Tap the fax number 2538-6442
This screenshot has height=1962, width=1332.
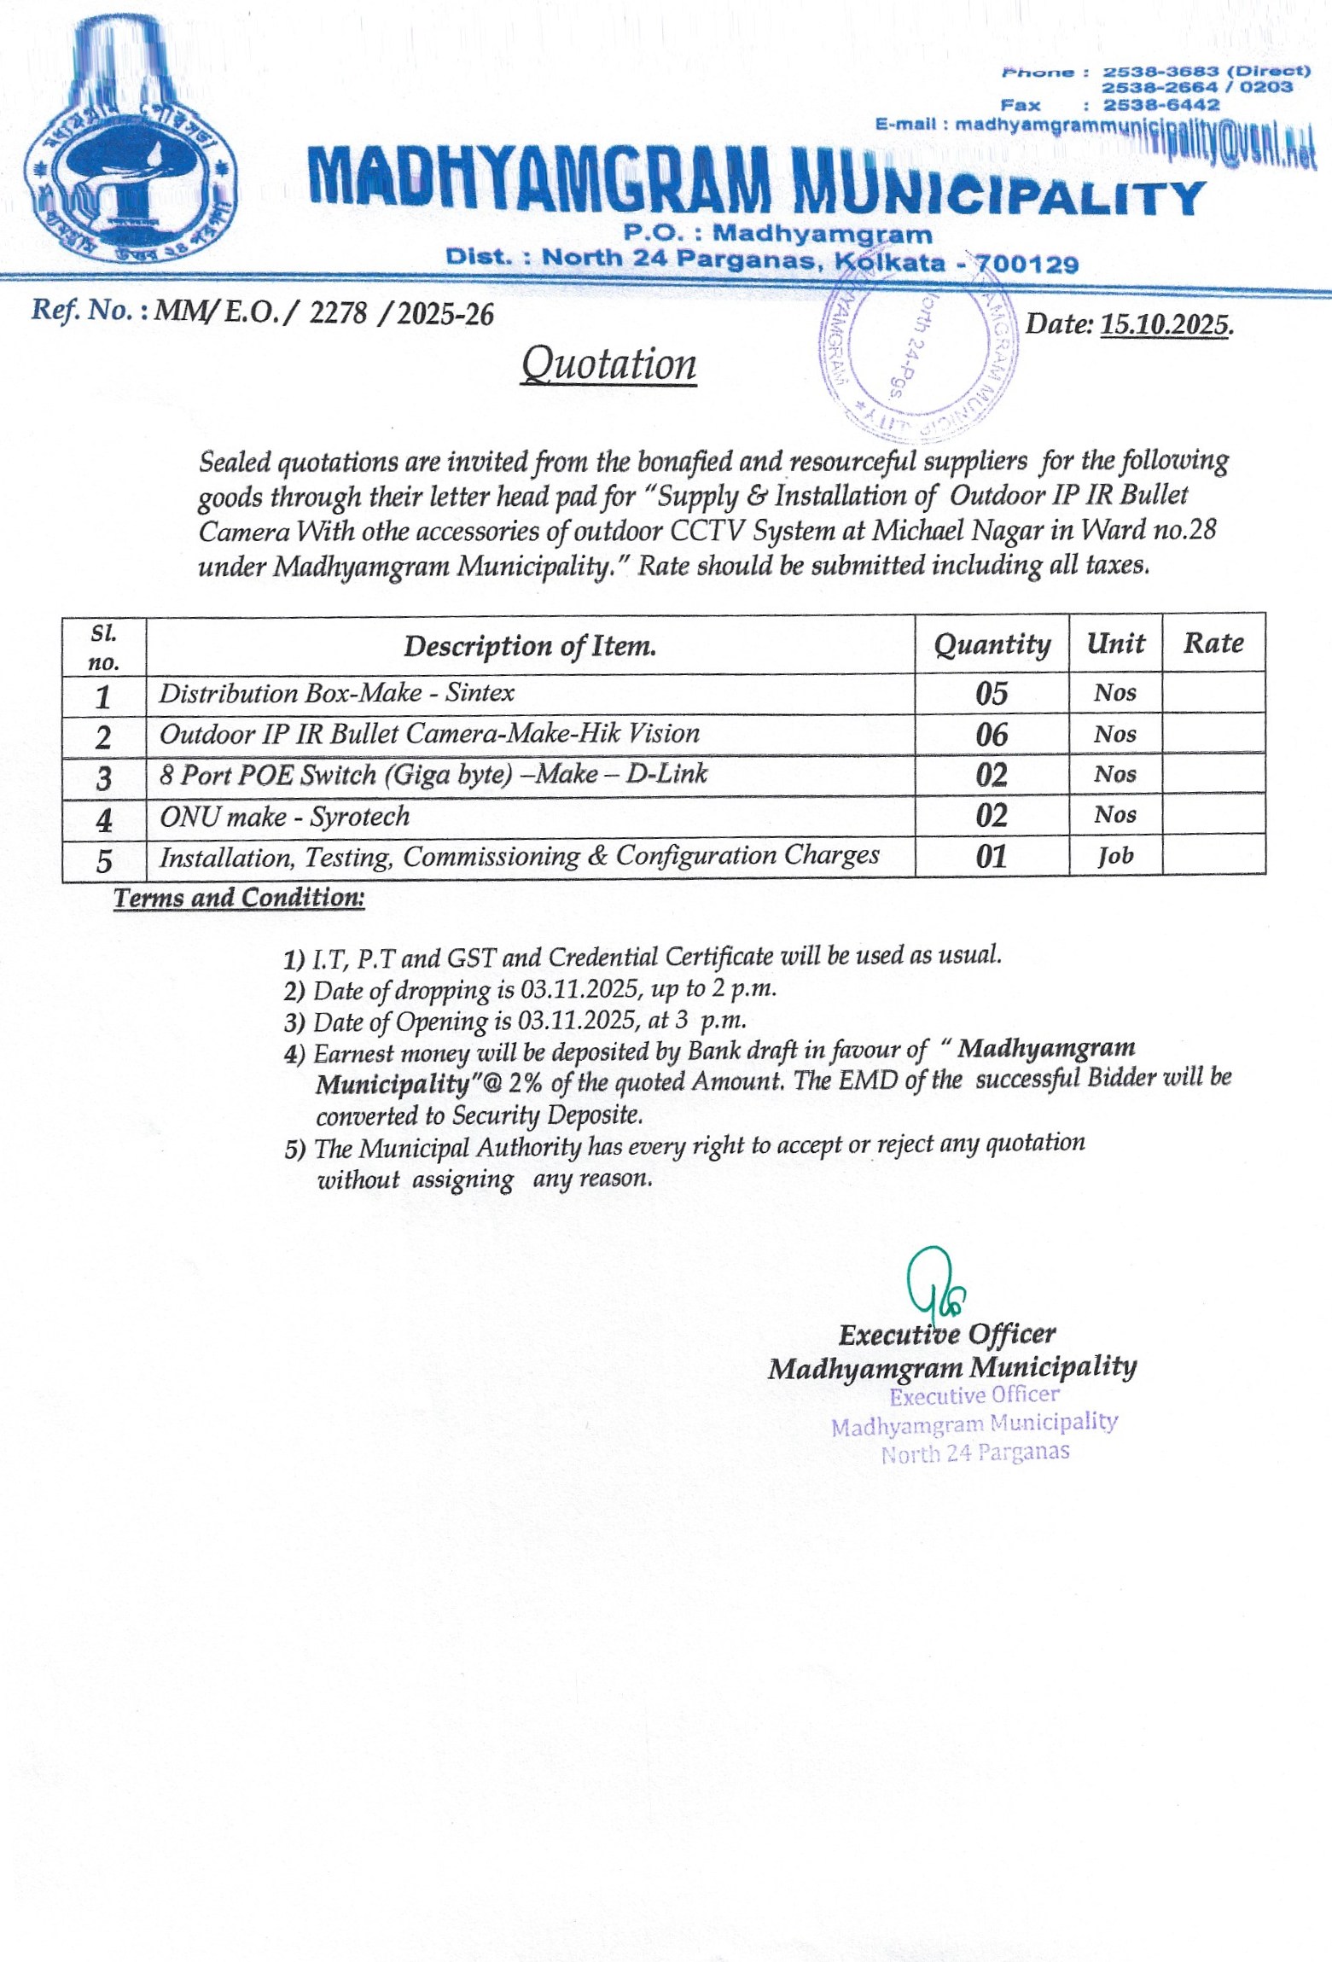point(1160,105)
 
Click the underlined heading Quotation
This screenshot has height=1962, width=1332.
point(608,364)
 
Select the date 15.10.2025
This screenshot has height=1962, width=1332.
point(1166,324)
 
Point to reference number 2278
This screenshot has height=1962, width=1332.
point(338,313)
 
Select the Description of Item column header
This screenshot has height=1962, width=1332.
point(530,646)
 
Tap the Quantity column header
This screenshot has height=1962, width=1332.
point(992,644)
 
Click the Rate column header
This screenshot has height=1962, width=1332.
point(1213,643)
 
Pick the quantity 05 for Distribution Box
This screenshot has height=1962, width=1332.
point(992,693)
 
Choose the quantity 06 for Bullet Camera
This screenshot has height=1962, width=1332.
point(992,734)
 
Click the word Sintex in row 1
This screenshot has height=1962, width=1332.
point(480,692)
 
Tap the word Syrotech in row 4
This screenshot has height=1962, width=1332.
point(359,817)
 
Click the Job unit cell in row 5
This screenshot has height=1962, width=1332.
point(1115,856)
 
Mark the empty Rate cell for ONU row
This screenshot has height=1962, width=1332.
point(1213,815)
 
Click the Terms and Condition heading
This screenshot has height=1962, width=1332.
point(239,898)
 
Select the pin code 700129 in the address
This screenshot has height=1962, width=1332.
point(1027,264)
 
